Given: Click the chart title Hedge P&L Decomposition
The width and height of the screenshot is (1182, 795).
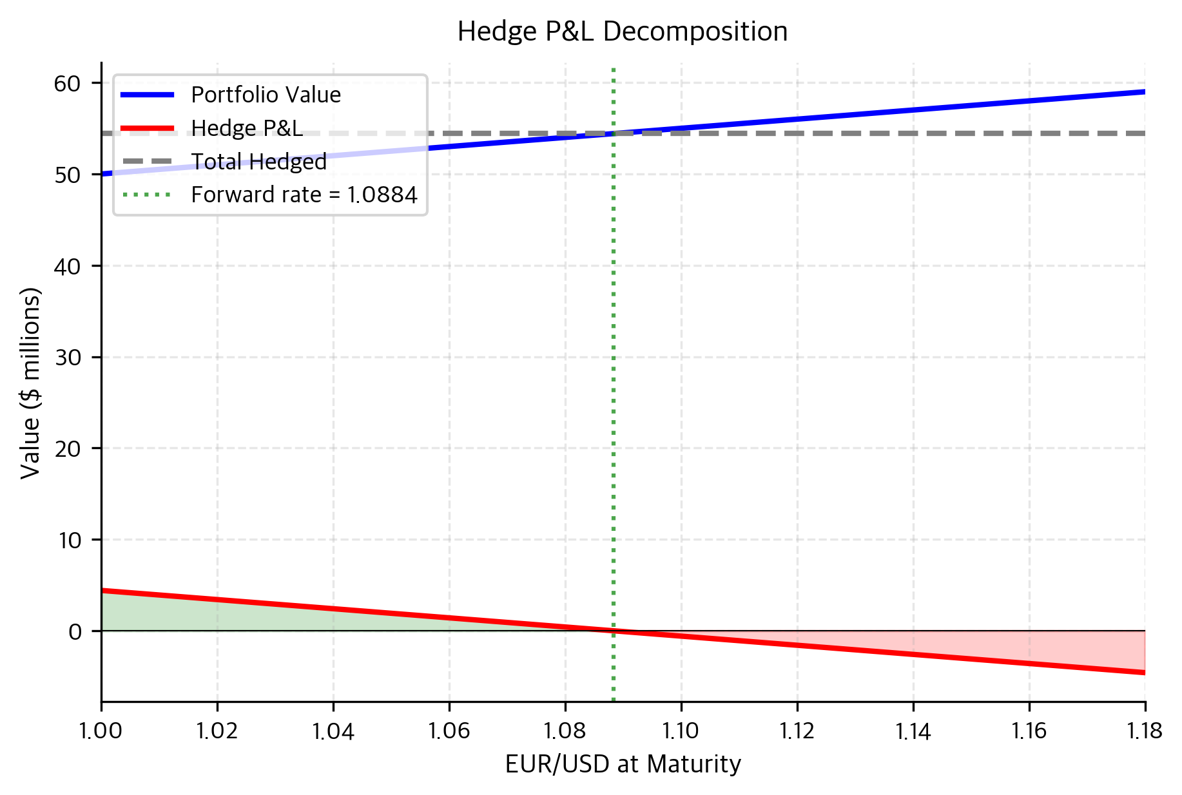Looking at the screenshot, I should pyautogui.click(x=622, y=32).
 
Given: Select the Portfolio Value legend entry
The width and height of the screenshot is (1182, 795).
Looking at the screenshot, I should pyautogui.click(x=266, y=95).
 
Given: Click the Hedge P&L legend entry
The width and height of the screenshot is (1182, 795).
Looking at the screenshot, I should pyautogui.click(x=247, y=128).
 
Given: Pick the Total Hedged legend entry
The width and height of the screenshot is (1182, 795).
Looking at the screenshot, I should pyautogui.click(x=258, y=162).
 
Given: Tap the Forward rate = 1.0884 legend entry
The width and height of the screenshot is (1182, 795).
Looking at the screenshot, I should pyautogui.click(x=304, y=195).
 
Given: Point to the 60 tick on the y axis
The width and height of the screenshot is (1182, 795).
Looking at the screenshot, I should pyautogui.click(x=68, y=83).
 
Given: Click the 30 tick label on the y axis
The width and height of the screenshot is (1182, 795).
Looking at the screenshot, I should pyautogui.click(x=68, y=358).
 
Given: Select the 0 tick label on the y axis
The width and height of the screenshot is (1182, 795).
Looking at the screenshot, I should pyautogui.click(x=75, y=631).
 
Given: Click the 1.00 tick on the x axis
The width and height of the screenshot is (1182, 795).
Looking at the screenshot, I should pyautogui.click(x=101, y=731).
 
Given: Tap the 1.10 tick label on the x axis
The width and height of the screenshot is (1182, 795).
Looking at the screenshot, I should pyautogui.click(x=681, y=731).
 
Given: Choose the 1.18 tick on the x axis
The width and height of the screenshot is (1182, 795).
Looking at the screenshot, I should pyautogui.click(x=1145, y=731).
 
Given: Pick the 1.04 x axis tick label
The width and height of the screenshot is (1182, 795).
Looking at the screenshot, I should pyautogui.click(x=333, y=731).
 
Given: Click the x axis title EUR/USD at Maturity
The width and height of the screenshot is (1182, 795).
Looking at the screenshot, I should pyautogui.click(x=623, y=764).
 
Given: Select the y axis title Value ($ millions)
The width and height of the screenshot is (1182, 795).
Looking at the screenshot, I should pyautogui.click(x=30, y=383).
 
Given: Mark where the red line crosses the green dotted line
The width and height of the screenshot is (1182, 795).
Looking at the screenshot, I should pyautogui.click(x=614, y=631).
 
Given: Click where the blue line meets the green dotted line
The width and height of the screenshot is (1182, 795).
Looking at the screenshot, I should pyautogui.click(x=614, y=133).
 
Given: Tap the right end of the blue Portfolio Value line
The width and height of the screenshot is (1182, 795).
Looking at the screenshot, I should pyautogui.click(x=1144, y=91).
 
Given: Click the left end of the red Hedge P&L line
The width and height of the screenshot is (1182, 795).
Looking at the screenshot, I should pyautogui.click(x=102, y=590).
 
